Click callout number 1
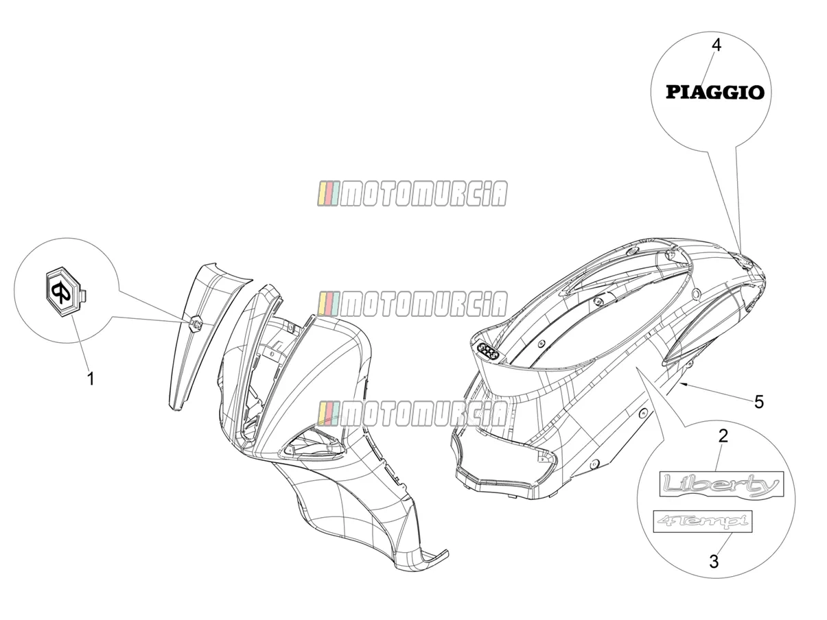tap(91, 379)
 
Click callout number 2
tap(723, 436)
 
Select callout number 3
tap(714, 562)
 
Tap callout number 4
tap(717, 45)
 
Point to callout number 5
tap(759, 402)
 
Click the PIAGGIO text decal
tap(714, 93)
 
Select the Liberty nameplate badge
tap(721, 484)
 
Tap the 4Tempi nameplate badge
tap(703, 521)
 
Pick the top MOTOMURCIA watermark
tap(412, 194)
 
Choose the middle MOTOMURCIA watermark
tap(412, 304)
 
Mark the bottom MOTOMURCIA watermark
tap(412, 413)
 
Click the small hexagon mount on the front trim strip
tap(197, 323)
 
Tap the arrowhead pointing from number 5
tap(684, 384)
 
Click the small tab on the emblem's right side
tap(86, 295)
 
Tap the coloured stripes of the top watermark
tap(328, 194)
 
